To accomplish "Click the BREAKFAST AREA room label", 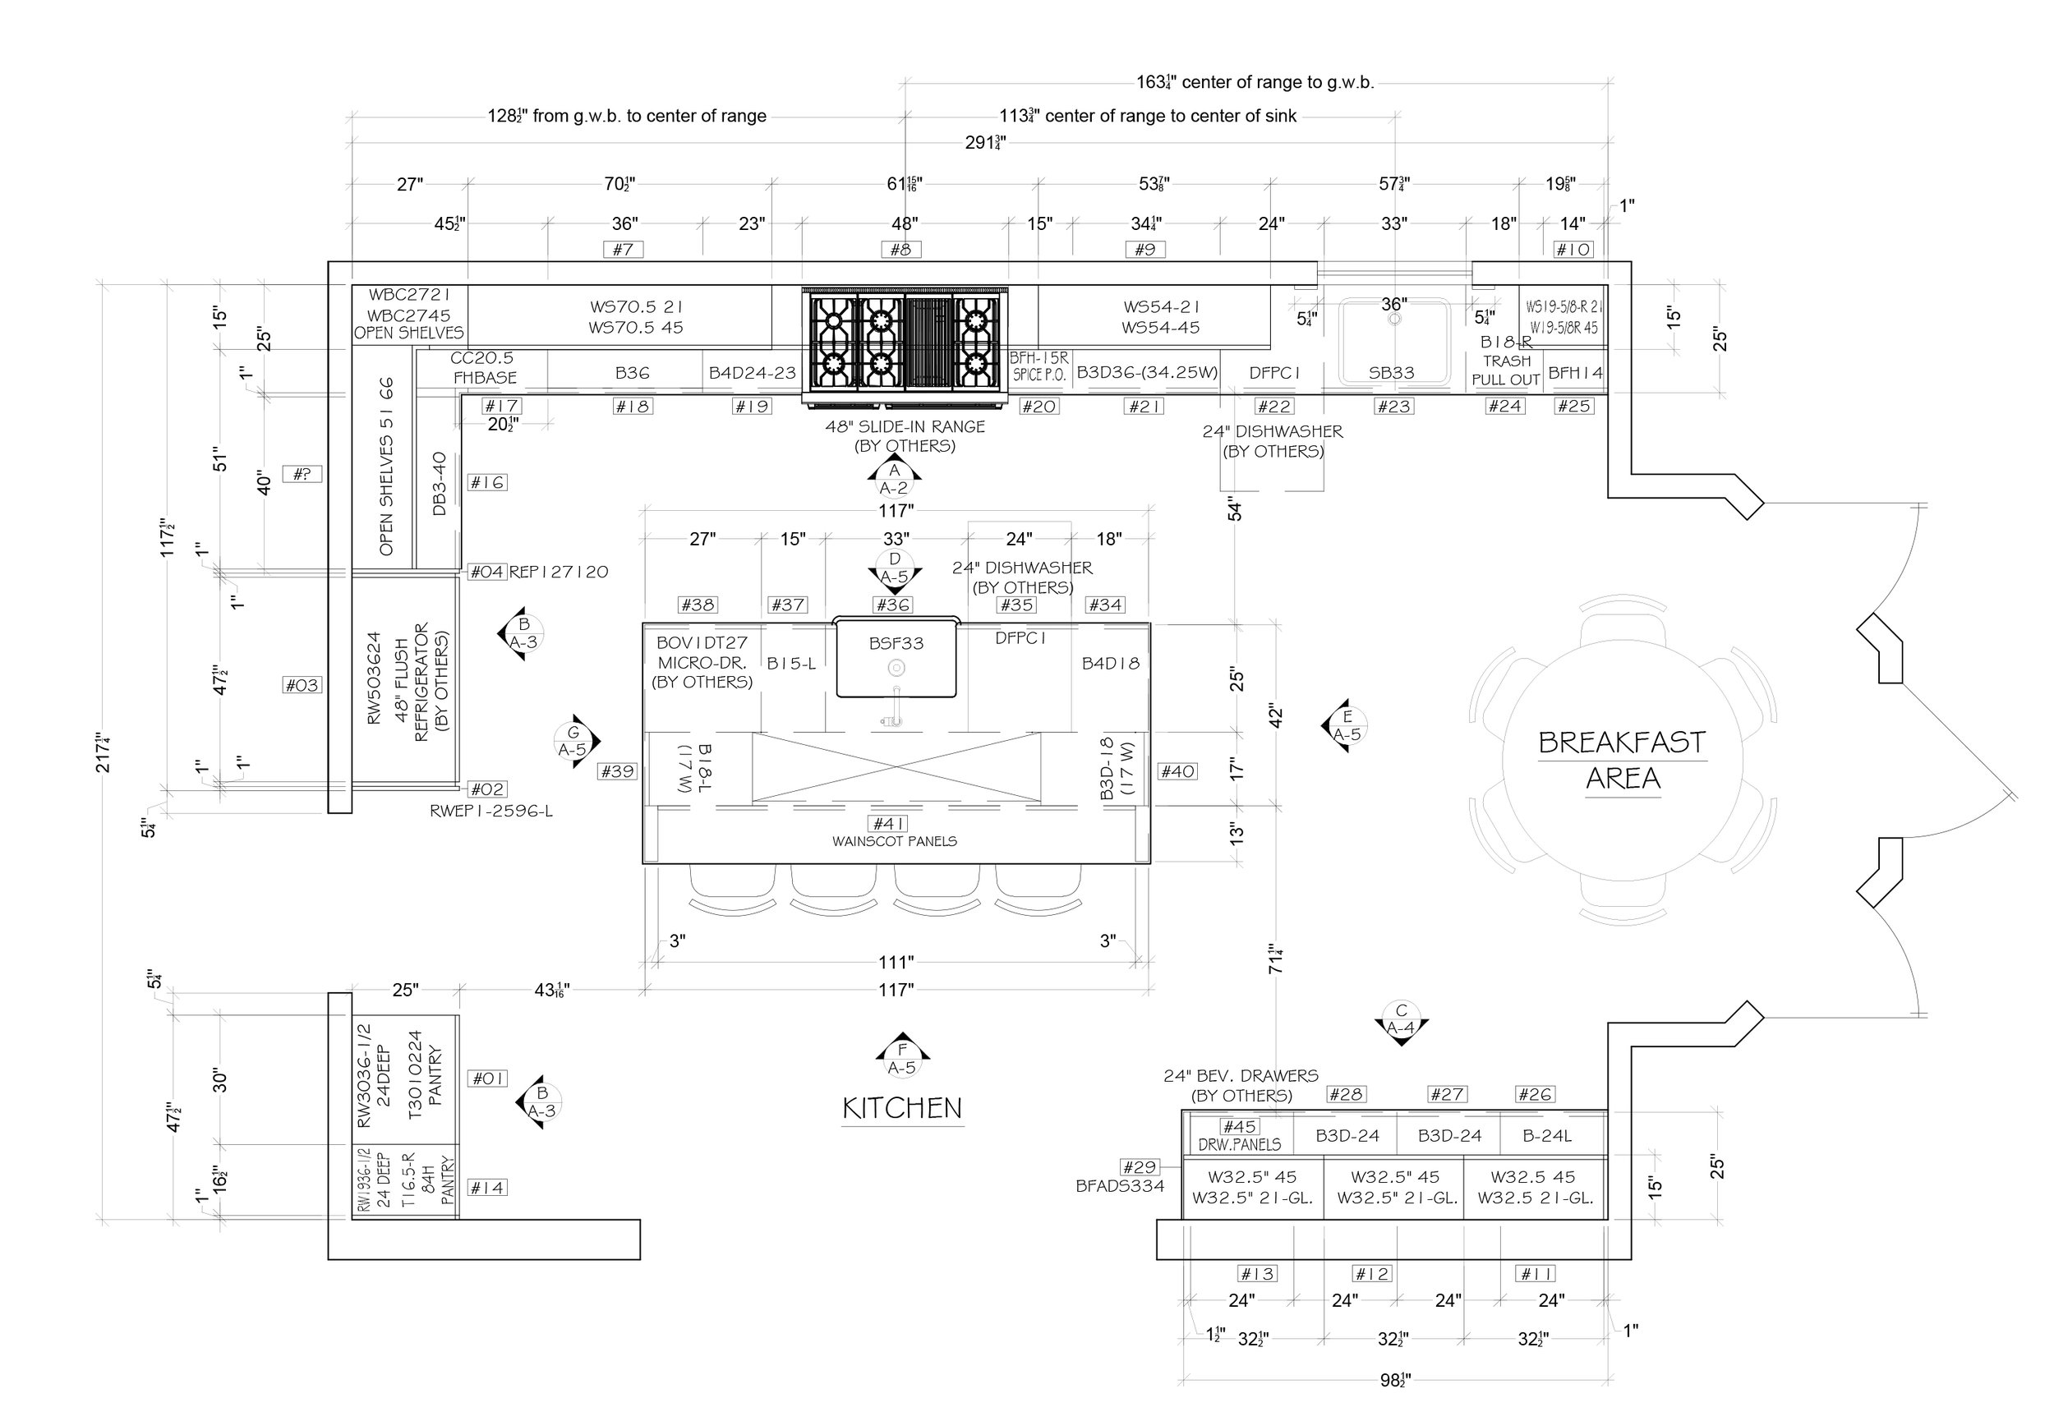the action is pos(1622,760).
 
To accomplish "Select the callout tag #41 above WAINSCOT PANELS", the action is pos(890,824).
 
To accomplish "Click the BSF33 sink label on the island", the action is pos(896,643).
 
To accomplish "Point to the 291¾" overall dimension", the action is pos(986,142).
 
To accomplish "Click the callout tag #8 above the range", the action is pos(901,250).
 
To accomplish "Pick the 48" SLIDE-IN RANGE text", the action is pos(905,426).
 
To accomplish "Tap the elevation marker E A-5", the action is pos(1345,725).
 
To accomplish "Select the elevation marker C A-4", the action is pos(1401,1020).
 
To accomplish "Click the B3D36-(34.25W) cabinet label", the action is pos(1147,372).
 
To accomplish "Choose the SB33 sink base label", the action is pos(1391,373).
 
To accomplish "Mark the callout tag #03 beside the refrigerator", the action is pos(302,685).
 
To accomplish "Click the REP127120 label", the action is pos(558,572).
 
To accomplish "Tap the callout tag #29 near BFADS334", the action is pos(1139,1166).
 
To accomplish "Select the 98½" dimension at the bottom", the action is pos(1395,1380).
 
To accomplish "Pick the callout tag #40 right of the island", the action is pos(1177,772).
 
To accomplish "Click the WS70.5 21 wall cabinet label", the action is pos(636,306).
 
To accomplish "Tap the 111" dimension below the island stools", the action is pos(896,963).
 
